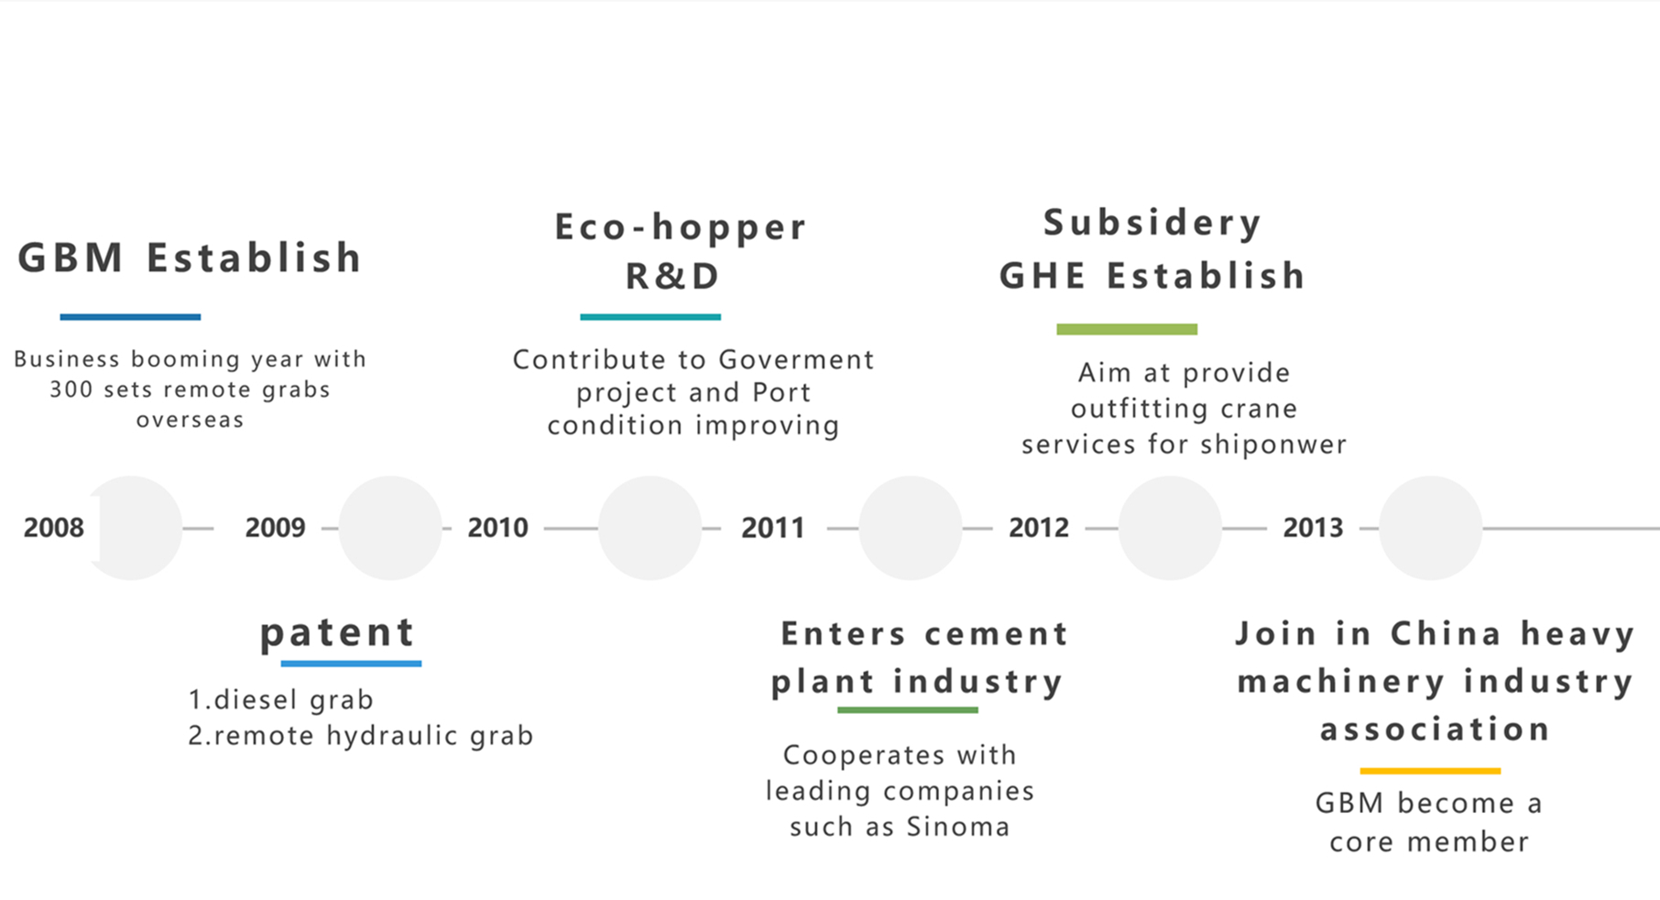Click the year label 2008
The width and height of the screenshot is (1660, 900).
click(x=53, y=528)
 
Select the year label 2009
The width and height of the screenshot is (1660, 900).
click(x=275, y=528)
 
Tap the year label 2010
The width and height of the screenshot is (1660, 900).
click(x=497, y=528)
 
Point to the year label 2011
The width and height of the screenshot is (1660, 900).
click(x=772, y=528)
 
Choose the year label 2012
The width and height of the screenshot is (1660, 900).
click(x=1039, y=528)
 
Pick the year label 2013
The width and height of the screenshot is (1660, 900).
click(x=1313, y=528)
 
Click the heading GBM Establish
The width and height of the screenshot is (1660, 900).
click(x=190, y=258)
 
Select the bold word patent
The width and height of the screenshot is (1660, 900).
click(x=337, y=633)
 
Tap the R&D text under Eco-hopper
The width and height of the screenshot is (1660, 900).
click(x=672, y=276)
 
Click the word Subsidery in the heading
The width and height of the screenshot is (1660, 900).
click(x=1152, y=223)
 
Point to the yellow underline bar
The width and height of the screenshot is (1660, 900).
click(x=1430, y=771)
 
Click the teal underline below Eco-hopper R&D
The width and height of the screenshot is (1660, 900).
click(x=650, y=317)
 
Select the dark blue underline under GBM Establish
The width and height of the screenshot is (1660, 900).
click(x=130, y=317)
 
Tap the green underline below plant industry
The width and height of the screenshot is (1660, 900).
click(x=907, y=709)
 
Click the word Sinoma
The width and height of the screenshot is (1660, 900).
click(x=957, y=827)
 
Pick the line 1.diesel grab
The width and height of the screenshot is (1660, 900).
click(x=280, y=700)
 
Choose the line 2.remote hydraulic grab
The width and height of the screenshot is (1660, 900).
click(x=360, y=736)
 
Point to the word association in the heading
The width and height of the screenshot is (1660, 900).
click(x=1435, y=730)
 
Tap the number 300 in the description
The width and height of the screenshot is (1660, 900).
click(x=71, y=390)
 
